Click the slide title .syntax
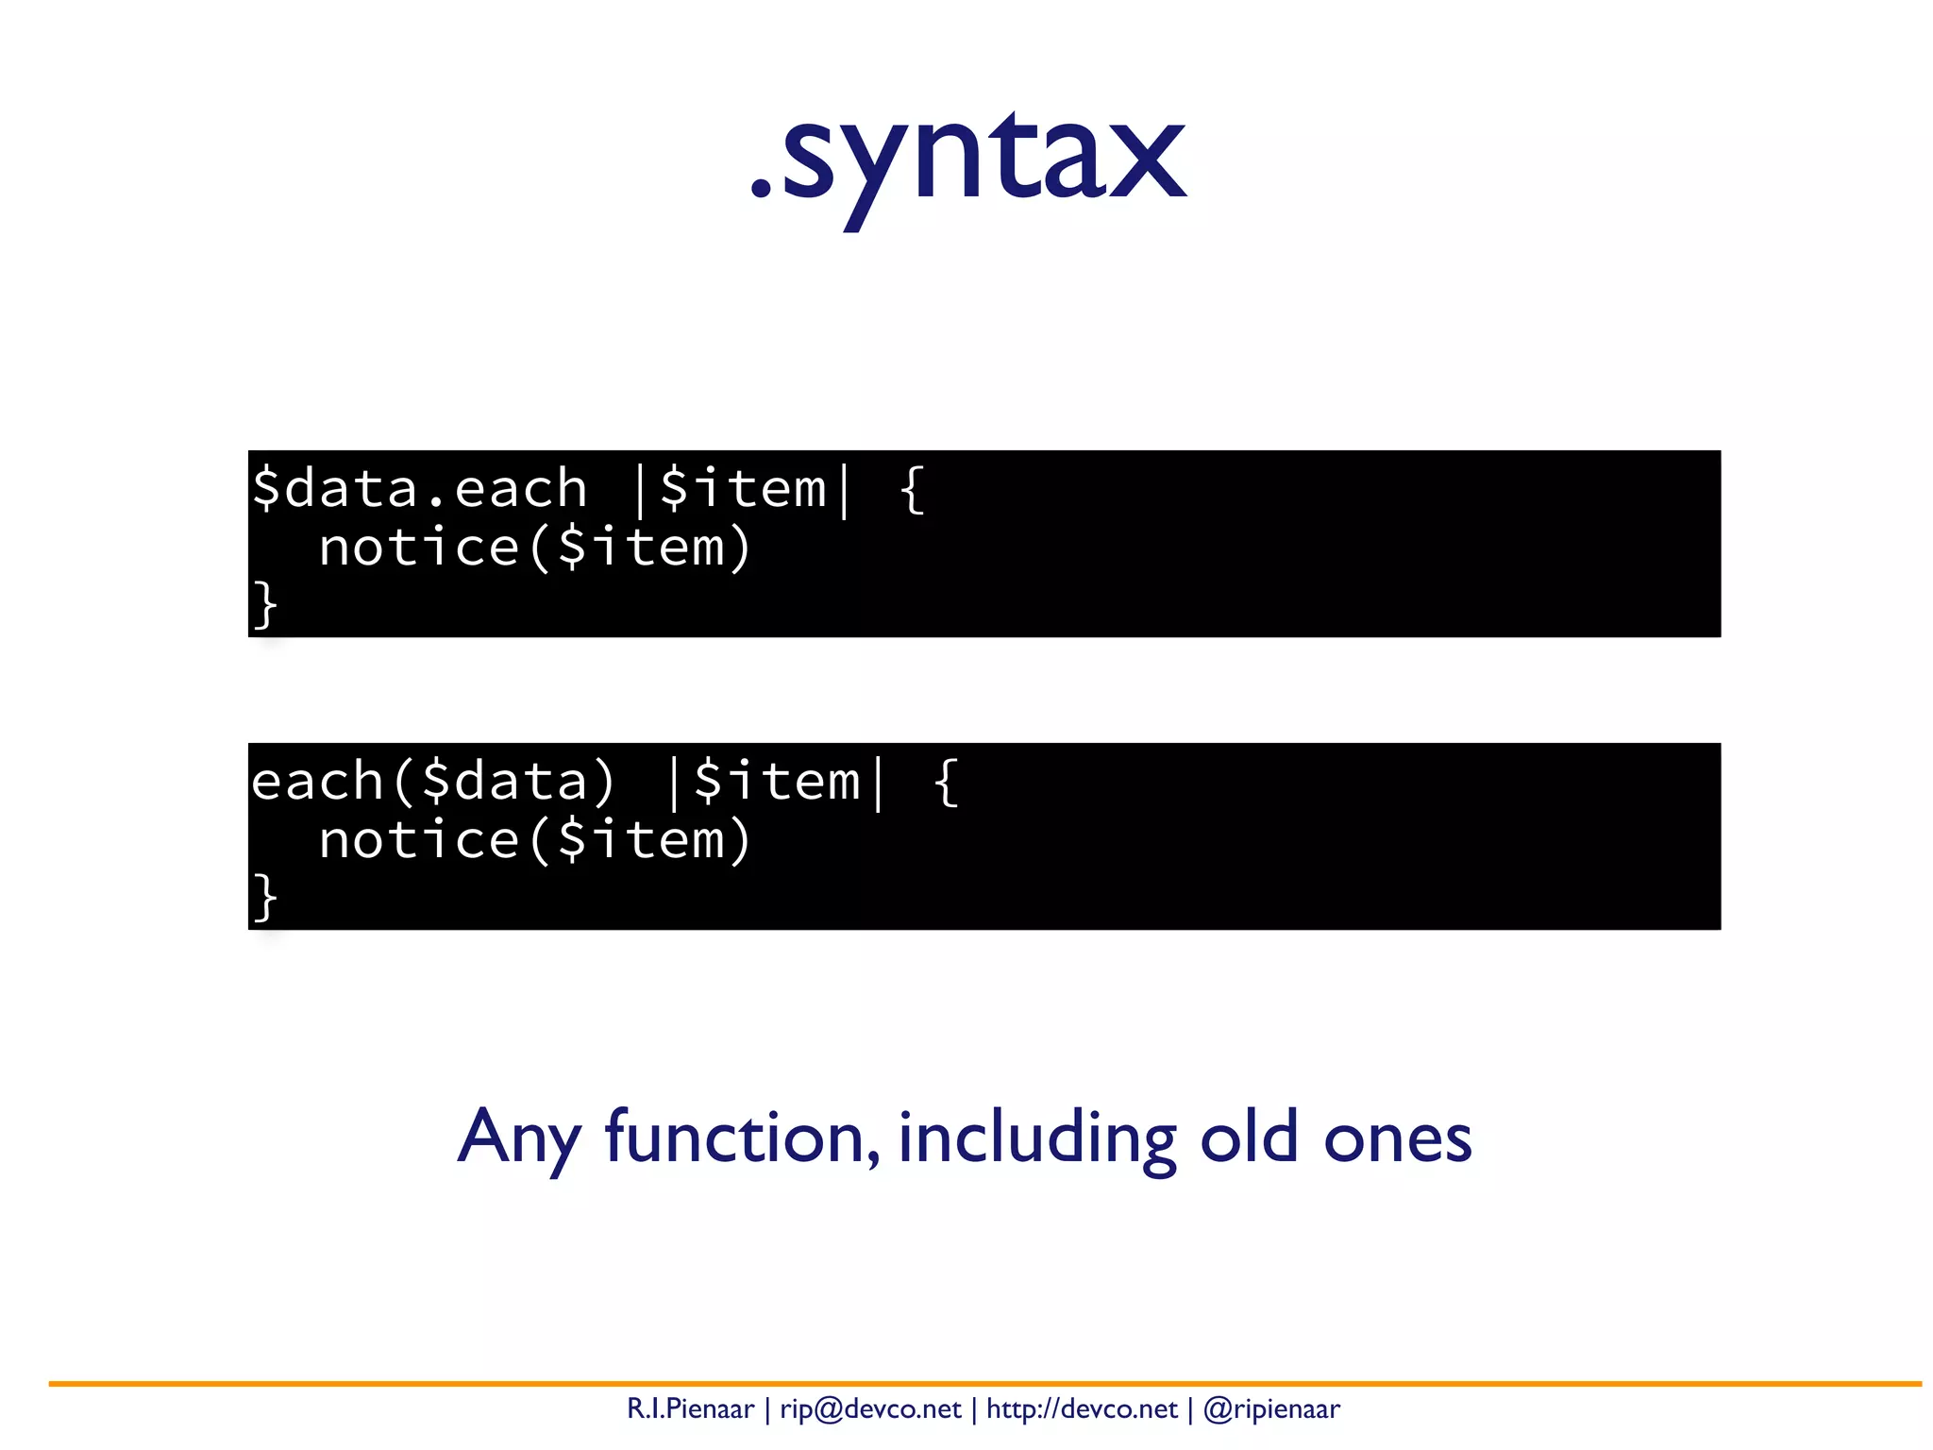967,160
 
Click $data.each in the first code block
419,489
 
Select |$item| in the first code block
742,489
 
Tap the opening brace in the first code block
912,489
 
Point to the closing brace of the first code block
265,604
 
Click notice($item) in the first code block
534,548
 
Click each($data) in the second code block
433,782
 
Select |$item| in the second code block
776,782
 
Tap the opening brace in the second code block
946,782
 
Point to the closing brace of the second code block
265,897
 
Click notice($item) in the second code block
534,840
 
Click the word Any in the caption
518,1138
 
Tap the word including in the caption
1036,1138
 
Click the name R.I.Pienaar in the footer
690,1409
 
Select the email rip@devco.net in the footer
869,1409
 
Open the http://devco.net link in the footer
1082,1409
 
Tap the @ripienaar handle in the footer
1271,1409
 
